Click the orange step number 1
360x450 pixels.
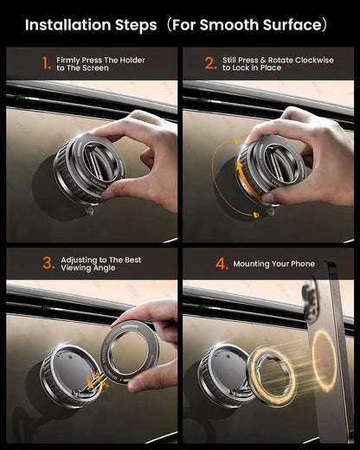pyautogui.click(x=47, y=63)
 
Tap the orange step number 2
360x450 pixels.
pyautogui.click(x=210, y=63)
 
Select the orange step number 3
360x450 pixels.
pyautogui.click(x=48, y=263)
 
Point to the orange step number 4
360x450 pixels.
pyautogui.click(x=222, y=264)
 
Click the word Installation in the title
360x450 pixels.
pyautogui.click(x=68, y=25)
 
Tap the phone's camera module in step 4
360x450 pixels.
pyautogui.click(x=311, y=301)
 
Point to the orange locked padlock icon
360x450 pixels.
pyautogui.click(x=256, y=215)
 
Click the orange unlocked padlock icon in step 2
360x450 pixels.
pyautogui.click(x=236, y=141)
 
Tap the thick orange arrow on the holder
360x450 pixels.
pyautogui.click(x=245, y=180)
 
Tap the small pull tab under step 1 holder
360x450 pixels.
pyautogui.click(x=90, y=209)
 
